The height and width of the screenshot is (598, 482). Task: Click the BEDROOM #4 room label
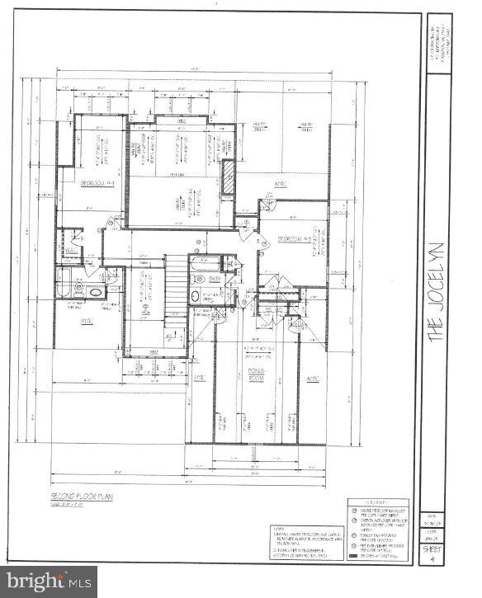(97, 187)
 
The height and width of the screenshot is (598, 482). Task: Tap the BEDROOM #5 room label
(293, 239)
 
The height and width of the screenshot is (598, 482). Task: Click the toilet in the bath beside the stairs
(195, 294)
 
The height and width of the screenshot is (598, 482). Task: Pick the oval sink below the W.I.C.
(94, 292)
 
